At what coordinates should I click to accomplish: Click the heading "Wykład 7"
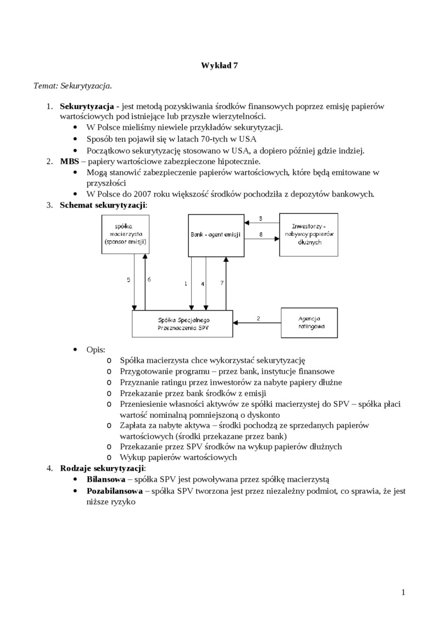pyautogui.click(x=219, y=65)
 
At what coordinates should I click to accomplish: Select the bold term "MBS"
pyautogui.click(x=69, y=161)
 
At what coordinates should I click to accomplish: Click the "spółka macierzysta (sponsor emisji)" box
pyautogui.click(x=125, y=234)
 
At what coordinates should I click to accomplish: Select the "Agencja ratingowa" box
pyautogui.click(x=311, y=323)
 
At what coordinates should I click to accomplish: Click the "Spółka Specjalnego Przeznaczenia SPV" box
pyautogui.click(x=183, y=323)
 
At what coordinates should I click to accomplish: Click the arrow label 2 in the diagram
pyautogui.click(x=258, y=318)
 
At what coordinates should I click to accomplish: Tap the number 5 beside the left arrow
pyautogui.click(x=129, y=279)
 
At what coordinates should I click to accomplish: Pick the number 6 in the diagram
pyautogui.click(x=149, y=279)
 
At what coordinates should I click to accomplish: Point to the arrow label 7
pyautogui.click(x=222, y=283)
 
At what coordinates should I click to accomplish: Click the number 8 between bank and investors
pyautogui.click(x=261, y=234)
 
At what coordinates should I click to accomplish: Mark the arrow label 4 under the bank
pyautogui.click(x=203, y=284)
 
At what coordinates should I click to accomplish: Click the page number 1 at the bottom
pyautogui.click(x=403, y=592)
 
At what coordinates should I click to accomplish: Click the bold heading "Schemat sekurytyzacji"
pyautogui.click(x=102, y=205)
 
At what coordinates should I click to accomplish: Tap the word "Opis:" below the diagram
pyautogui.click(x=96, y=349)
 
